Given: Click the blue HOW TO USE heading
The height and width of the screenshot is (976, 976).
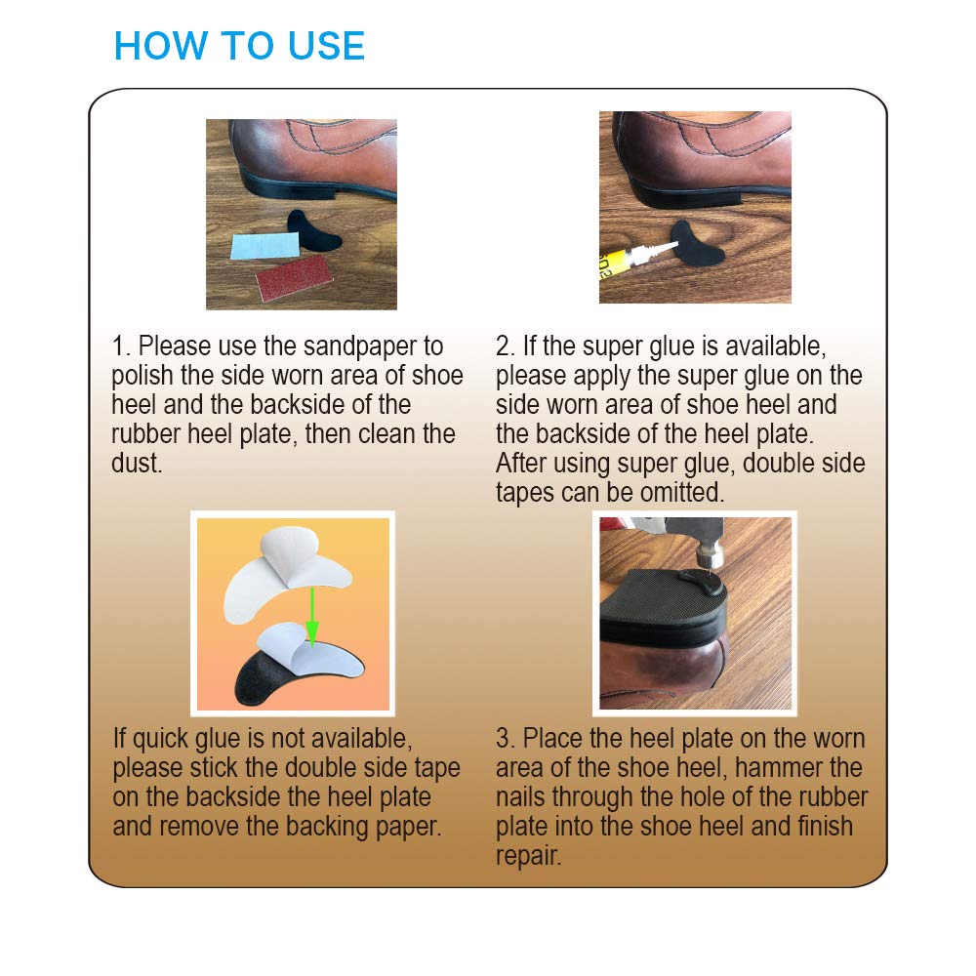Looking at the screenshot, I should (239, 47).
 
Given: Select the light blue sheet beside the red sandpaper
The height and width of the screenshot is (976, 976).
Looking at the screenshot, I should (262, 245).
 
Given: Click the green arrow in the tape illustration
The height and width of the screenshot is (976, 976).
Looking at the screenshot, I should (309, 616).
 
